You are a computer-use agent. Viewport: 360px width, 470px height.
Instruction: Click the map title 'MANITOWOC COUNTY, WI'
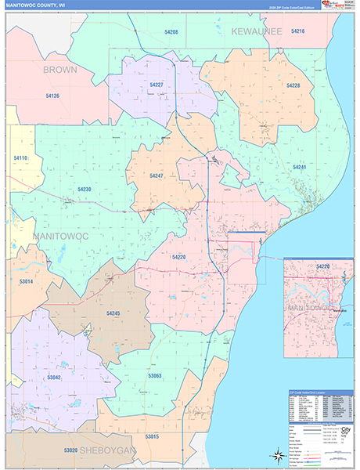click(38, 5)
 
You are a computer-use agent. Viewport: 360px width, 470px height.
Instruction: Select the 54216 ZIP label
click(297, 31)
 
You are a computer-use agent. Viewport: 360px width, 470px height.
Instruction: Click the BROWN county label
click(59, 70)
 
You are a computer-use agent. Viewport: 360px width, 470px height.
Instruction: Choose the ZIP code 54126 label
click(52, 96)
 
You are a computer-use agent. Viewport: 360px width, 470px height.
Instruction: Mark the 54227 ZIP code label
click(157, 85)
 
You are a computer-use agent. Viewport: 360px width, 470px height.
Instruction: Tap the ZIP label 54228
click(293, 85)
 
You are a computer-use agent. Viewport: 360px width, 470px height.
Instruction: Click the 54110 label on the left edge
click(20, 158)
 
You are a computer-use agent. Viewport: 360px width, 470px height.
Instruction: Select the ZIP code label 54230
click(85, 189)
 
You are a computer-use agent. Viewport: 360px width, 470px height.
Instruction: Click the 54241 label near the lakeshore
click(299, 168)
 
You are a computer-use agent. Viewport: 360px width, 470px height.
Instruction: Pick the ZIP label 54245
click(113, 313)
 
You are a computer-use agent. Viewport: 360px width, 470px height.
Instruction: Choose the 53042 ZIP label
click(54, 377)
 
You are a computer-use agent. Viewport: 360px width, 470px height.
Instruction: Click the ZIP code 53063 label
click(154, 376)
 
